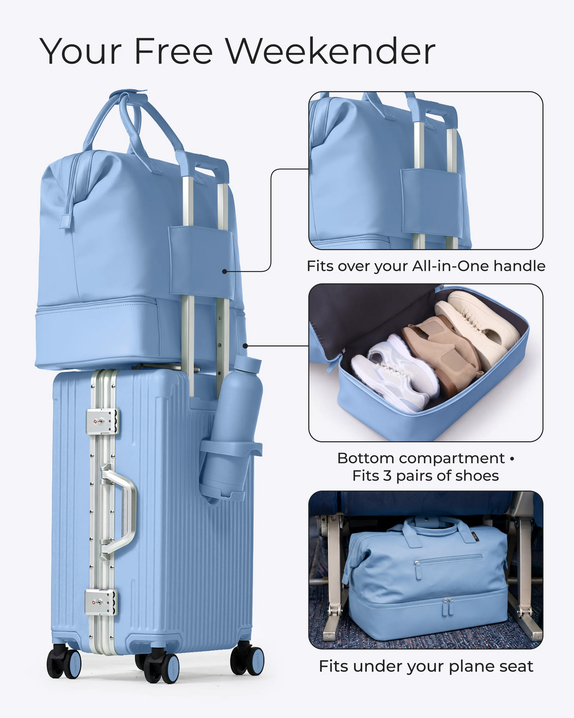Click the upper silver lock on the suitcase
102,421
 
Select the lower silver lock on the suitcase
101,602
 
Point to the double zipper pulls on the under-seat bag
448,607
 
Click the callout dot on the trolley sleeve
224,271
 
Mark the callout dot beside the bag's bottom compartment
245,346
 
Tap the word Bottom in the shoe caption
366,458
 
